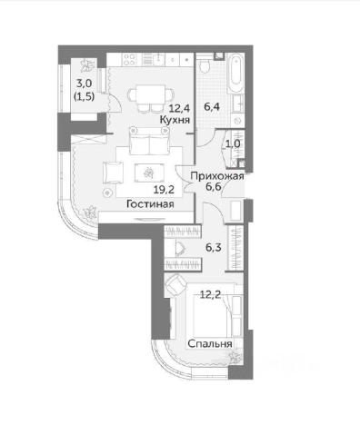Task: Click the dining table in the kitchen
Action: pos(145,94)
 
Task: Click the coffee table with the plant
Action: pos(147,173)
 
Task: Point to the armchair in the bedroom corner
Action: pos(172,286)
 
